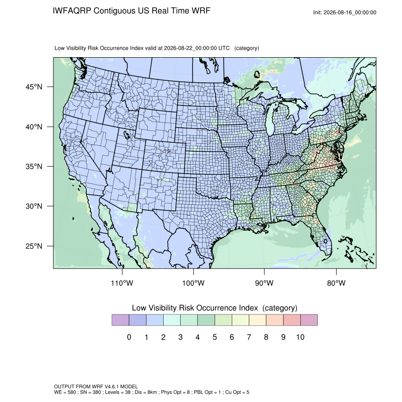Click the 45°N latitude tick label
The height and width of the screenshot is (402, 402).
pyautogui.click(x=34, y=87)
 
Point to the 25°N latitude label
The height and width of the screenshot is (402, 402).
pyautogui.click(x=34, y=246)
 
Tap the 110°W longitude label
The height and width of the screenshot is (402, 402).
pyautogui.click(x=122, y=283)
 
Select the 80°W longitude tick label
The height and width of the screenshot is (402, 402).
pyautogui.click(x=336, y=283)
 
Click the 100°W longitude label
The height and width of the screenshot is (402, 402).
pyautogui.click(x=193, y=283)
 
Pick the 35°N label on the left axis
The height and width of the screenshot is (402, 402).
pyautogui.click(x=34, y=166)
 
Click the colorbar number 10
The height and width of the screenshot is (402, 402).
pyautogui.click(x=300, y=337)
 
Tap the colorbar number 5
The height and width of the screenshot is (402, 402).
pyautogui.click(x=215, y=337)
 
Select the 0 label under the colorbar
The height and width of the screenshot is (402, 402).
pyautogui.click(x=129, y=337)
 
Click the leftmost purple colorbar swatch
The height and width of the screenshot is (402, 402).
pyautogui.click(x=120, y=320)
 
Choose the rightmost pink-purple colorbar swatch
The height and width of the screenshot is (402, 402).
pyautogui.click(x=309, y=320)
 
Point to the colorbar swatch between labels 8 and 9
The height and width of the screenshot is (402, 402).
pyautogui.click(x=275, y=320)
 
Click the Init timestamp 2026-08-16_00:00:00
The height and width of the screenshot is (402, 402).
pyautogui.click(x=350, y=12)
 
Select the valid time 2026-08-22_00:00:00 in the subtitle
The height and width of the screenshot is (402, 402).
pyautogui.click(x=191, y=48)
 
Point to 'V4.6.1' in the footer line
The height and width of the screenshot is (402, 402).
pyautogui.click(x=112, y=386)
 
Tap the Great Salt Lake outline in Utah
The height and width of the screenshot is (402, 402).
pyautogui.click(x=127, y=135)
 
